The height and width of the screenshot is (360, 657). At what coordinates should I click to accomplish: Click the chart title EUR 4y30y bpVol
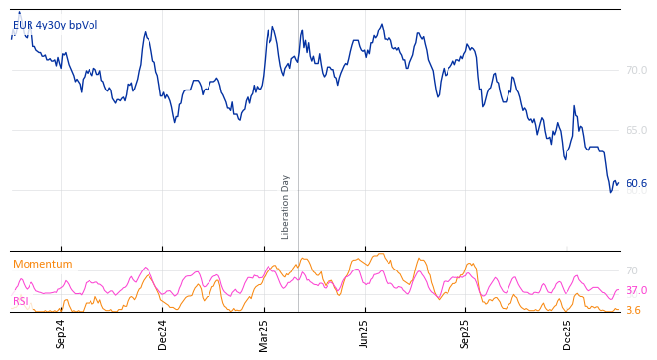[55, 26]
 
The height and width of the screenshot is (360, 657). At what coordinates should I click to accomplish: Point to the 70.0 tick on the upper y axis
[636, 71]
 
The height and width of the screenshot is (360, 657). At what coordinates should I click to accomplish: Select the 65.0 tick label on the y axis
[636, 131]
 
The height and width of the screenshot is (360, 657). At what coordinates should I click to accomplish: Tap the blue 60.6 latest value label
[636, 184]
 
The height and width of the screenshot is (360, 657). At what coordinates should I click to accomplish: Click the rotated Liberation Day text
[286, 207]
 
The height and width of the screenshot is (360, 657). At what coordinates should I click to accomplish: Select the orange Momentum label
[42, 265]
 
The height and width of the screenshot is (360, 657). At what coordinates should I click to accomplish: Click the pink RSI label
[21, 302]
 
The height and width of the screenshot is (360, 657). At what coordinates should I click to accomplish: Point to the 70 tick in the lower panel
[632, 271]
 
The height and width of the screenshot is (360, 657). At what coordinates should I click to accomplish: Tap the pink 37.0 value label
[636, 291]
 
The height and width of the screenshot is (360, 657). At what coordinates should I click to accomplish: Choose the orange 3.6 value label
[633, 311]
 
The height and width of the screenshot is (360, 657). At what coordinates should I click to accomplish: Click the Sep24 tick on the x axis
[61, 333]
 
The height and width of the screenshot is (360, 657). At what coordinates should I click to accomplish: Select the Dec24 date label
[163, 333]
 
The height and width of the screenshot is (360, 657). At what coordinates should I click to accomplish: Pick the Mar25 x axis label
[264, 333]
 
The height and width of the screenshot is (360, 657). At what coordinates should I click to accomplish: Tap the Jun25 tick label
[365, 333]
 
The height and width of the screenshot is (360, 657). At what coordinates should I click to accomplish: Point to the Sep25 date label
[466, 333]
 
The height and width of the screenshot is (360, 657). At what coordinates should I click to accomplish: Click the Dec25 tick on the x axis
[567, 333]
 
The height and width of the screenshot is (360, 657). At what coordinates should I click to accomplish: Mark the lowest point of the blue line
[610, 192]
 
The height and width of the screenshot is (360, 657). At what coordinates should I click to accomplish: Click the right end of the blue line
[618, 182]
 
